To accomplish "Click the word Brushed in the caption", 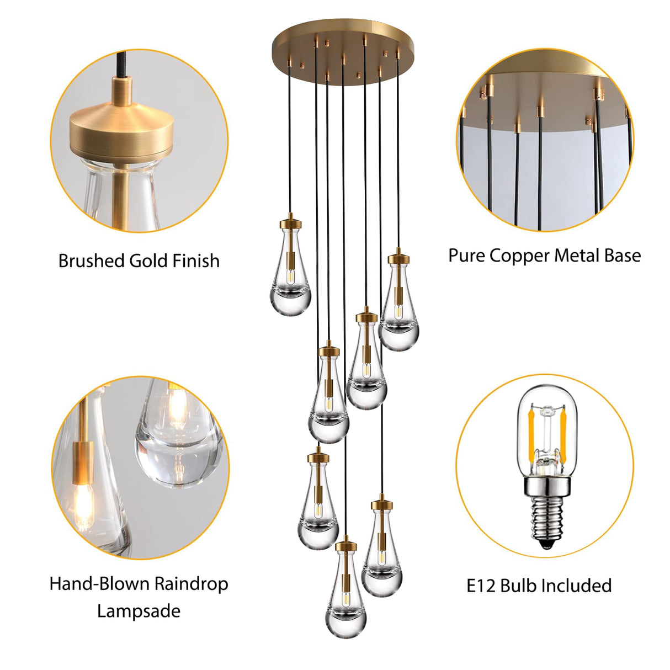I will pyautogui.click(x=91, y=260).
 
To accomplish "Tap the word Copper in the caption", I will pyautogui.click(x=519, y=256).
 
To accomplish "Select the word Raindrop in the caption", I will pyautogui.click(x=190, y=584).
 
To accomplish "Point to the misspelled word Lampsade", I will pyautogui.click(x=139, y=611).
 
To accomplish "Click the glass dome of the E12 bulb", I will pyautogui.click(x=546, y=425).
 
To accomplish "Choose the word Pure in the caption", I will pyautogui.click(x=466, y=256).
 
